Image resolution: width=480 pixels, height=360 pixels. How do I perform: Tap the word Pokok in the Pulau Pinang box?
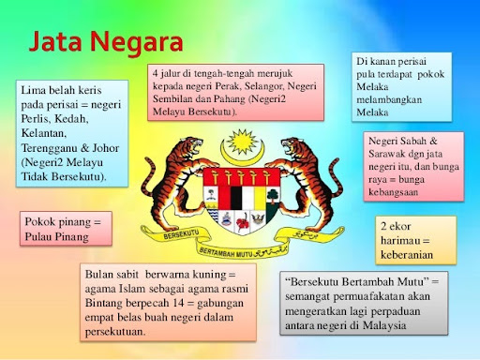[x=43, y=222]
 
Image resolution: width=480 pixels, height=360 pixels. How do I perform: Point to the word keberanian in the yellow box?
[x=413, y=255]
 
